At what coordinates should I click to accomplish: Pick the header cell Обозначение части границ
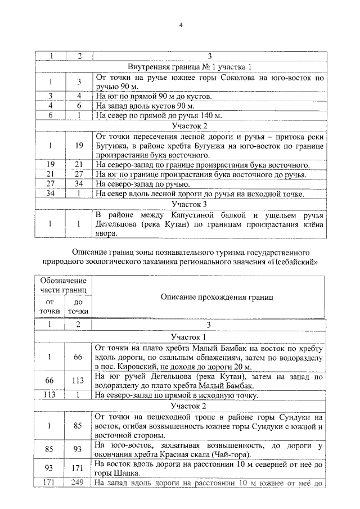(x=64, y=285)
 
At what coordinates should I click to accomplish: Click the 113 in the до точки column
(x=78, y=380)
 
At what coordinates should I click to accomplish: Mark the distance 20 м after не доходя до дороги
(x=231, y=367)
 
